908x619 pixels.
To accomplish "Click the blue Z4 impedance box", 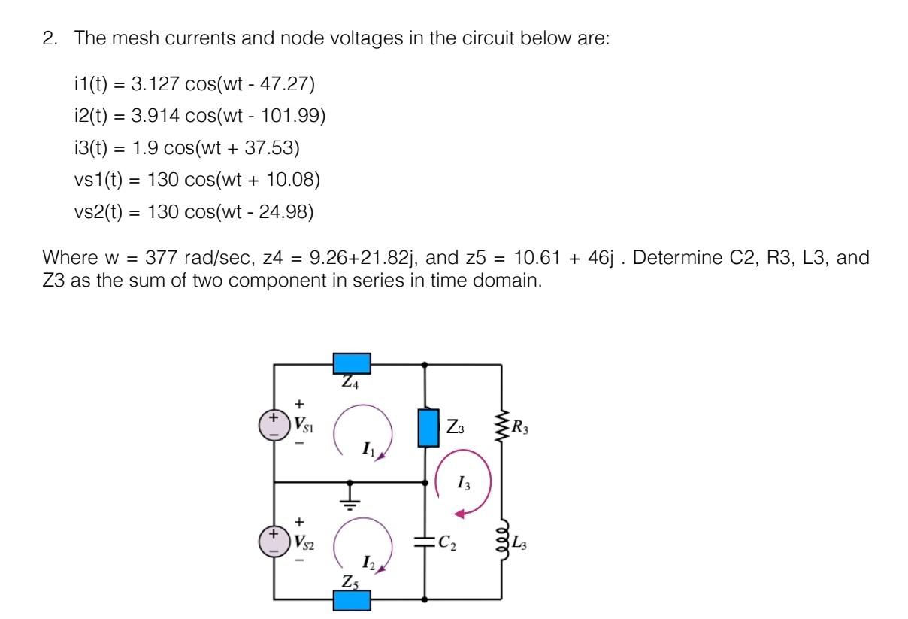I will [x=351, y=364].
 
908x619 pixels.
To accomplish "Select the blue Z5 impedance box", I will [x=351, y=600].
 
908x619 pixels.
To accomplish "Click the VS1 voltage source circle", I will [x=274, y=426].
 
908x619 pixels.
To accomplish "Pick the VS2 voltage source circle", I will [x=274, y=541].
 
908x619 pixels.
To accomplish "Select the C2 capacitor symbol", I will [x=425, y=541].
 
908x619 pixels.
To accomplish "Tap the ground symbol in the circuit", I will [x=350, y=496].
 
